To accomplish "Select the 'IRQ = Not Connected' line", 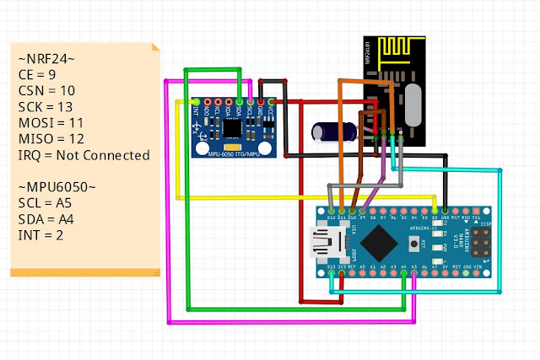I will point(84,155).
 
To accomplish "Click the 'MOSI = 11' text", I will point(51,123).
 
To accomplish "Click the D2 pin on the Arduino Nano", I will point(436,208).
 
